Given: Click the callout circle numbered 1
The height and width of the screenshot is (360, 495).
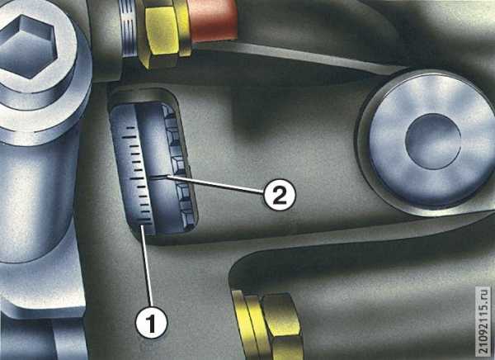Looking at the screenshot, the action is click(152, 322).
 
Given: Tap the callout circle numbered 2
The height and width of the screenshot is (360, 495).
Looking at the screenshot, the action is click(280, 194).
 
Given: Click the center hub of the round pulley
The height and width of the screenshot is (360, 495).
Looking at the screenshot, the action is click(433, 141).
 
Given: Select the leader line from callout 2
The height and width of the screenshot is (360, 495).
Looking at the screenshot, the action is click(215, 185).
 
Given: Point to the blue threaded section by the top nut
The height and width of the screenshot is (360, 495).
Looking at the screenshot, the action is click(129, 29).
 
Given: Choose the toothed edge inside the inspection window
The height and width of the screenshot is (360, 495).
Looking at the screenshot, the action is click(179, 167).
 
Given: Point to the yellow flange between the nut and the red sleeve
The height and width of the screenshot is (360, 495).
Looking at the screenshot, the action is click(182, 27).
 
